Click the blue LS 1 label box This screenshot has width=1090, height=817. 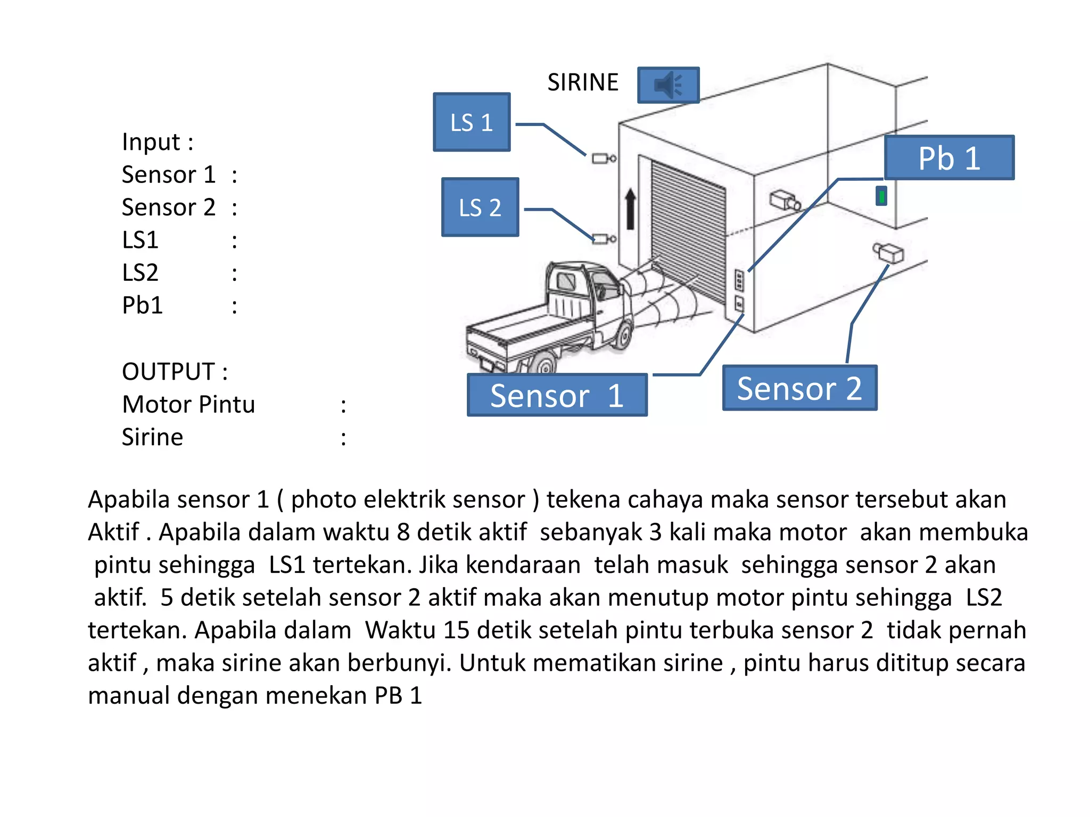coord(472,122)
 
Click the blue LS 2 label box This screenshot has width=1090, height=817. coord(480,207)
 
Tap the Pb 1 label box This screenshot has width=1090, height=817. coord(949,158)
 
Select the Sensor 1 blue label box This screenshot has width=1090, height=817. coord(557,395)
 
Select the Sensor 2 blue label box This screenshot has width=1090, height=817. coord(799,388)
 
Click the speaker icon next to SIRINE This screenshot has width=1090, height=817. coord(668,85)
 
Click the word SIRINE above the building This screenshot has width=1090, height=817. coord(583,82)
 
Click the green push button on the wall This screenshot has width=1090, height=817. coord(881,196)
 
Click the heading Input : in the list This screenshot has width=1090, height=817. coord(158,142)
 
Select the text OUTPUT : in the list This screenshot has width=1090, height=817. coord(175,371)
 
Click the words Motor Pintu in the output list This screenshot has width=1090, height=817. coord(188,404)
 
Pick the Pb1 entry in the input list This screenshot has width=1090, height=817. coord(142,305)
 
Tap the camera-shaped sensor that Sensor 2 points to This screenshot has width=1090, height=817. coord(888,252)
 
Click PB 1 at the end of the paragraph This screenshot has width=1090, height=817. coord(398,696)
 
